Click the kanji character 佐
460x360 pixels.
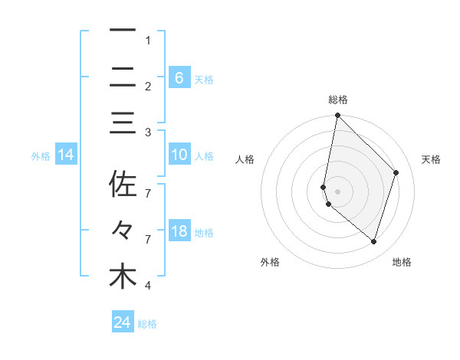pyautogui.click(x=123, y=185)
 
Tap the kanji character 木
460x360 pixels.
pyautogui.click(x=123, y=277)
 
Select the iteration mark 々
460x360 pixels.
pyautogui.click(x=123, y=230)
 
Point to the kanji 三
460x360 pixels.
pyautogui.click(x=123, y=123)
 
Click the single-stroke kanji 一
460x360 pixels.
pyautogui.click(x=123, y=30)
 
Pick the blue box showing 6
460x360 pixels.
pyautogui.click(x=179, y=77)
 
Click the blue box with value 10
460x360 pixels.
pyautogui.click(x=179, y=155)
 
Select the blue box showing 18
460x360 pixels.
pyautogui.click(x=179, y=231)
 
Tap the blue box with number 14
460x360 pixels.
pyautogui.click(x=65, y=155)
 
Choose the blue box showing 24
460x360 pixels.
pyautogui.click(x=122, y=322)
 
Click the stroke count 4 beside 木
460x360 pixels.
pyautogui.click(x=147, y=286)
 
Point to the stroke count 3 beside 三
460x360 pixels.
pyautogui.click(x=147, y=133)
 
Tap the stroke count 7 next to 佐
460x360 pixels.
pyautogui.click(x=147, y=192)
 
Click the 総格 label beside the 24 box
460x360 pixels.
pyautogui.click(x=147, y=324)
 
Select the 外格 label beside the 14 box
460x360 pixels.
pyautogui.click(x=41, y=156)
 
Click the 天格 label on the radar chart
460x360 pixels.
pyautogui.click(x=432, y=159)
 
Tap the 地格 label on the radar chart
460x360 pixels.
pyautogui.click(x=402, y=262)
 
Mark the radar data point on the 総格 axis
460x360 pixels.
pyautogui.click(x=337, y=116)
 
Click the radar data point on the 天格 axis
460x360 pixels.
pyautogui.click(x=396, y=172)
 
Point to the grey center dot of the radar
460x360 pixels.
pyautogui.click(x=337, y=191)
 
